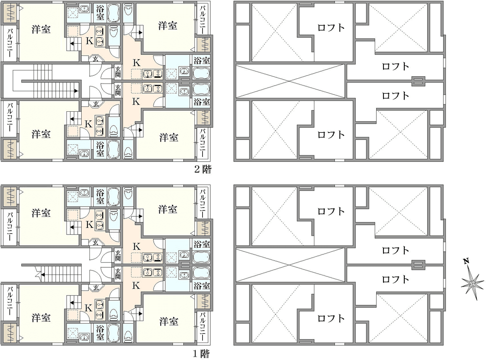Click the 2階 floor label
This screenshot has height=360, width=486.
(x=203, y=169)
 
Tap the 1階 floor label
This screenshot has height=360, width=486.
(x=202, y=354)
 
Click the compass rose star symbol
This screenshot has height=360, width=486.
(x=472, y=284)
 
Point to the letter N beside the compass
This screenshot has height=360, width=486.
(x=466, y=261)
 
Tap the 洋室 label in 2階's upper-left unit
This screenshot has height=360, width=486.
(x=41, y=30)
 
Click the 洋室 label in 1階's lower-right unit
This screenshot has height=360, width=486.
(x=169, y=321)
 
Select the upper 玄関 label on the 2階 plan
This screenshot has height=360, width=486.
(x=118, y=72)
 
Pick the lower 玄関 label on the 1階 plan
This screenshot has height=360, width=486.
(x=118, y=274)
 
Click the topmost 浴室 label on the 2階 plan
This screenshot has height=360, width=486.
(x=100, y=13)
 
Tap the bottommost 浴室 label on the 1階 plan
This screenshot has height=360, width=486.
(x=100, y=332)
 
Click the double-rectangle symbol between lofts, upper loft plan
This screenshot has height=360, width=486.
(x=418, y=82)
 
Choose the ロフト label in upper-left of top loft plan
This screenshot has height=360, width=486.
(x=331, y=28)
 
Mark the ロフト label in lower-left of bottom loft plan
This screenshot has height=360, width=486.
(x=331, y=318)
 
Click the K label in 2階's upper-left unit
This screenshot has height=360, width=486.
(x=89, y=41)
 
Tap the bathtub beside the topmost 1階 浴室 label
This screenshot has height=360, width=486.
(x=113, y=196)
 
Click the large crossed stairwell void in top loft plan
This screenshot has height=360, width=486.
(x=290, y=82)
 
